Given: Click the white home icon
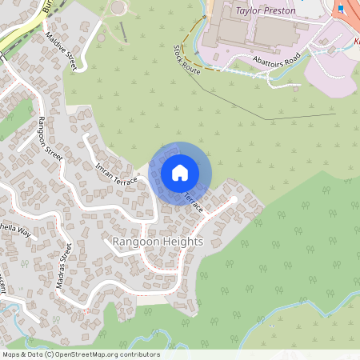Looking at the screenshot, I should click(x=180, y=173).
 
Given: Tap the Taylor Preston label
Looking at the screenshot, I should click(x=266, y=11).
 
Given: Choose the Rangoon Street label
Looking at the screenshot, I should click(x=50, y=139).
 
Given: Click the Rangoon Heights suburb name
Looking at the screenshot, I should click(x=158, y=242).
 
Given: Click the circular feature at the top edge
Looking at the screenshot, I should click(x=118, y=7).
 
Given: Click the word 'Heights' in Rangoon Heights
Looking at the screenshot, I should click(x=184, y=242).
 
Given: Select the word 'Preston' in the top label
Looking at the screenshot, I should click(x=278, y=11).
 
